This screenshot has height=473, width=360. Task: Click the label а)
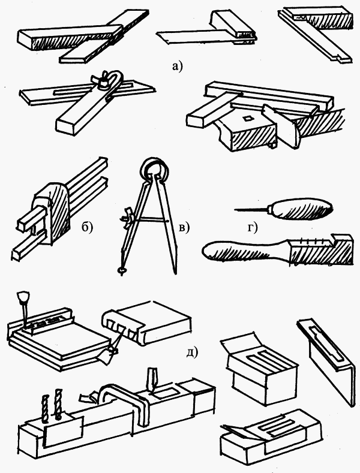(x=176, y=66)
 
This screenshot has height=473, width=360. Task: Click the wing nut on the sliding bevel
(x=108, y=81)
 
